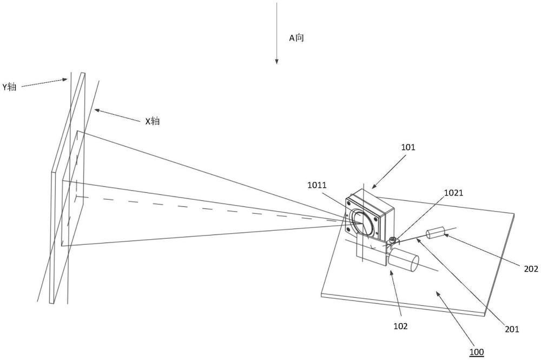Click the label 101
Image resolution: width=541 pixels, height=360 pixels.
[408, 147]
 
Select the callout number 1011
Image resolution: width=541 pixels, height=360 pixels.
[316, 185]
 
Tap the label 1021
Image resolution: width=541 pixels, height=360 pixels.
[453, 193]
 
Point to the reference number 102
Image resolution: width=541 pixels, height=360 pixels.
[400, 326]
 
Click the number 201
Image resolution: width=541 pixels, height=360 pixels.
[512, 329]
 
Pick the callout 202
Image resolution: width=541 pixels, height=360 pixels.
[531, 269]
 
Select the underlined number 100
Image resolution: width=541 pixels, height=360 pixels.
[477, 352]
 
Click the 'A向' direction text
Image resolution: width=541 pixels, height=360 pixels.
[296, 38]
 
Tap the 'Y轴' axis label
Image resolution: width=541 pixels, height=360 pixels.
[9, 87]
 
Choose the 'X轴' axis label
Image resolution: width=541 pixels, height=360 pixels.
[152, 121]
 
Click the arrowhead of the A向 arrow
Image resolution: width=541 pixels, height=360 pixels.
[276, 61]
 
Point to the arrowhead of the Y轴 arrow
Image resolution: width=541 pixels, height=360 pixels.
[65, 80]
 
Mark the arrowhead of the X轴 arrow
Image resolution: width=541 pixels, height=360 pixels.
[97, 110]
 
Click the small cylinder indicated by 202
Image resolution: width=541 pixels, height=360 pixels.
[436, 233]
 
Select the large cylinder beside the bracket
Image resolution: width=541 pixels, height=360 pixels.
[403, 261]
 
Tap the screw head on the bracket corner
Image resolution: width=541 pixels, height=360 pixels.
[391, 239]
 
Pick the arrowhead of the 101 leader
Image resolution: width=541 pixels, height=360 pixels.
[374, 187]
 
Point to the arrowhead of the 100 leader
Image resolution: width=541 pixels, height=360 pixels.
[438, 293]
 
